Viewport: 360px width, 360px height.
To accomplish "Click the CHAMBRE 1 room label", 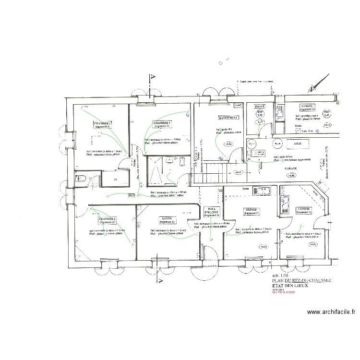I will coord(103,124).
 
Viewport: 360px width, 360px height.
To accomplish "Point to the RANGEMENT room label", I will coord(228,118).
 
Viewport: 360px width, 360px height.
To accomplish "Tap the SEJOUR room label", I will coord(251,211).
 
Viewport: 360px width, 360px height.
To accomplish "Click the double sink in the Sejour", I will coord(264,191).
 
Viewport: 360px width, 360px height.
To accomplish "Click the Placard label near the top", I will coord(260,106).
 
